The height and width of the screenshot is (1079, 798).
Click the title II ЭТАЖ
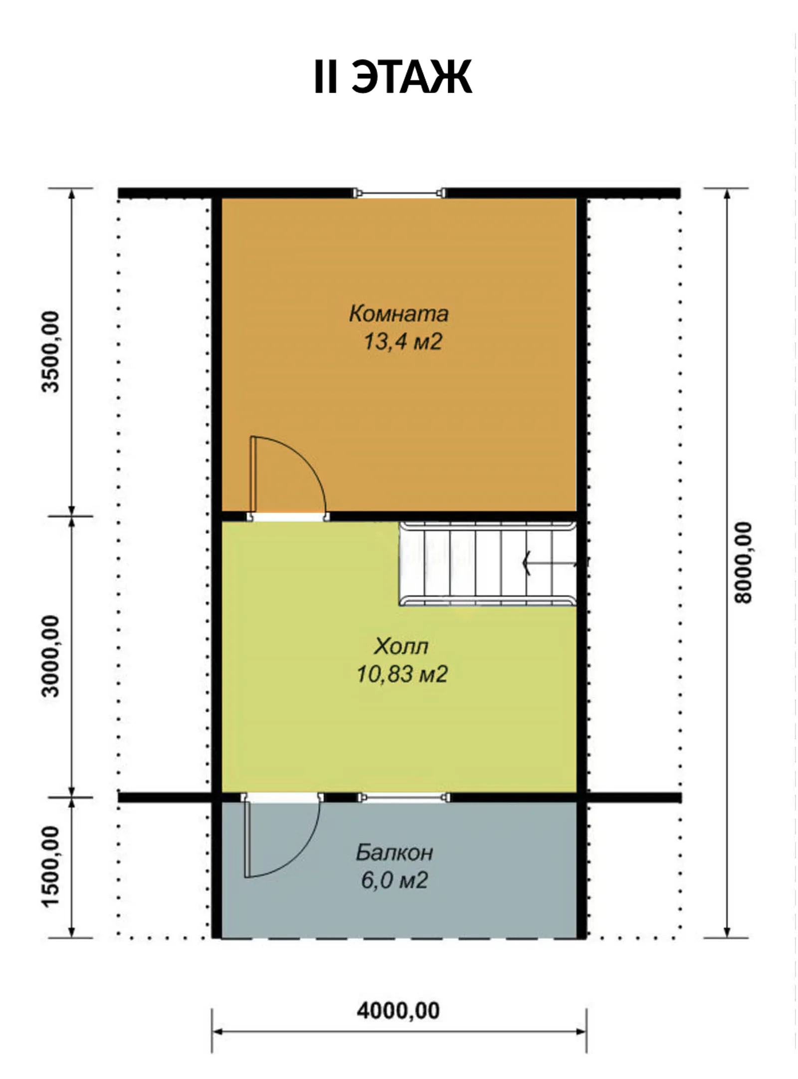point(393,77)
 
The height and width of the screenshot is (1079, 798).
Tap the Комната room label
point(399,313)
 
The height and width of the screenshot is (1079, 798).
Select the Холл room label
point(401,646)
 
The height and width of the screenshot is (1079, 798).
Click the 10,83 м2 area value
point(402,674)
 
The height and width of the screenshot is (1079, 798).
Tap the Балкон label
point(394,852)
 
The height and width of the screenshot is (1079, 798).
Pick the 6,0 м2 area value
point(395,880)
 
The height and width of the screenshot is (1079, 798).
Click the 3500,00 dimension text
point(51,352)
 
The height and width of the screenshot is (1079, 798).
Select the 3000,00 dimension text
point(51,656)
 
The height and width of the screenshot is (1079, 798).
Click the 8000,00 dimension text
point(743,562)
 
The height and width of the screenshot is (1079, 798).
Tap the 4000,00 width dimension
point(399,1010)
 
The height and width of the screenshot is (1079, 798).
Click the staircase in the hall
point(488,564)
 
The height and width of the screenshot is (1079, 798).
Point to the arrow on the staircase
point(549,563)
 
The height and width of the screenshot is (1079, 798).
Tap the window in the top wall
point(399,193)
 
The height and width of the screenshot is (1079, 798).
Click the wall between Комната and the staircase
point(451,517)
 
